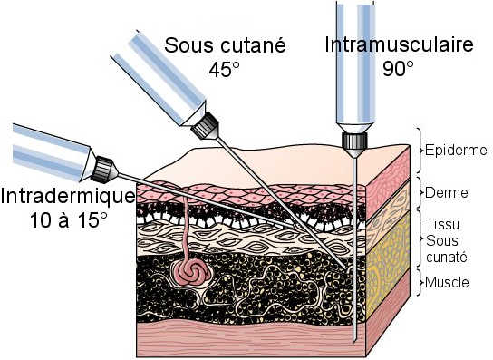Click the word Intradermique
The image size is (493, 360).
68,196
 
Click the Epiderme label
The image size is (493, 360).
456,150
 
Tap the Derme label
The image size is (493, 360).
446,191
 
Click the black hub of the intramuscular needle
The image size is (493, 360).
353,140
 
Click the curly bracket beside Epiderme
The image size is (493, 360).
419,150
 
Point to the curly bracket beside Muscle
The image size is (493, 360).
419,282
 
